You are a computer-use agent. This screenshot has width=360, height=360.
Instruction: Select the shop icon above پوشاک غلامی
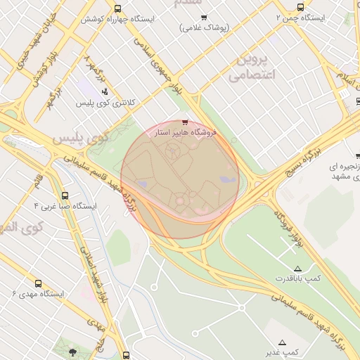pos(204,18)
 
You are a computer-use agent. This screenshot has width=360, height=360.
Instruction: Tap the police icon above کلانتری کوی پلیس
pos(105,91)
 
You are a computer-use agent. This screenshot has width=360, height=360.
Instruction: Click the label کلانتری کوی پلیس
pos(105,103)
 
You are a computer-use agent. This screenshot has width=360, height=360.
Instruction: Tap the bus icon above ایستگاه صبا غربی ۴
pos(65,196)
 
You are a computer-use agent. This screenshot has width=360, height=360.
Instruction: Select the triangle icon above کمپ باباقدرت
pos(297,269)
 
